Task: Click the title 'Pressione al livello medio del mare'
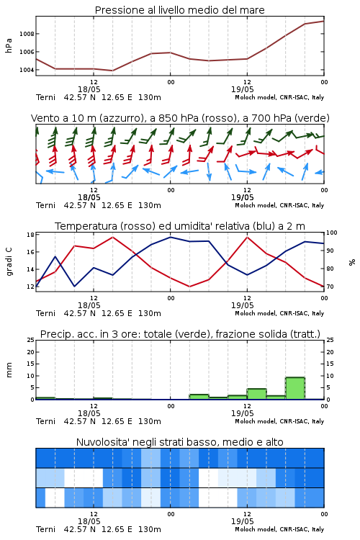click(179, 10)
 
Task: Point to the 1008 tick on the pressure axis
click(27, 34)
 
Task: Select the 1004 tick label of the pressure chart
click(27, 70)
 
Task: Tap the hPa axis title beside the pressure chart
click(9, 45)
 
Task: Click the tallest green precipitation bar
click(295, 388)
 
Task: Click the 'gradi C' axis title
click(9, 261)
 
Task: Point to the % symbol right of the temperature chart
click(352, 262)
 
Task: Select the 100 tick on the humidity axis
click(332, 233)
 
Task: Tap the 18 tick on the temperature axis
click(30, 235)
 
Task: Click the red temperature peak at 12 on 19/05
click(247, 237)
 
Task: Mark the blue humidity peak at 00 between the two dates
click(170, 237)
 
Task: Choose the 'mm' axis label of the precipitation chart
click(9, 370)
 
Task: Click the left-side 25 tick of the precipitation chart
click(30, 340)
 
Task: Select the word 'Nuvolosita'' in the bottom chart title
click(103, 442)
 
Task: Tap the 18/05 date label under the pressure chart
click(89, 89)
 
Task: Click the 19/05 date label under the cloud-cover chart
click(243, 521)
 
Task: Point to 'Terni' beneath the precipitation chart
click(45, 421)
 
